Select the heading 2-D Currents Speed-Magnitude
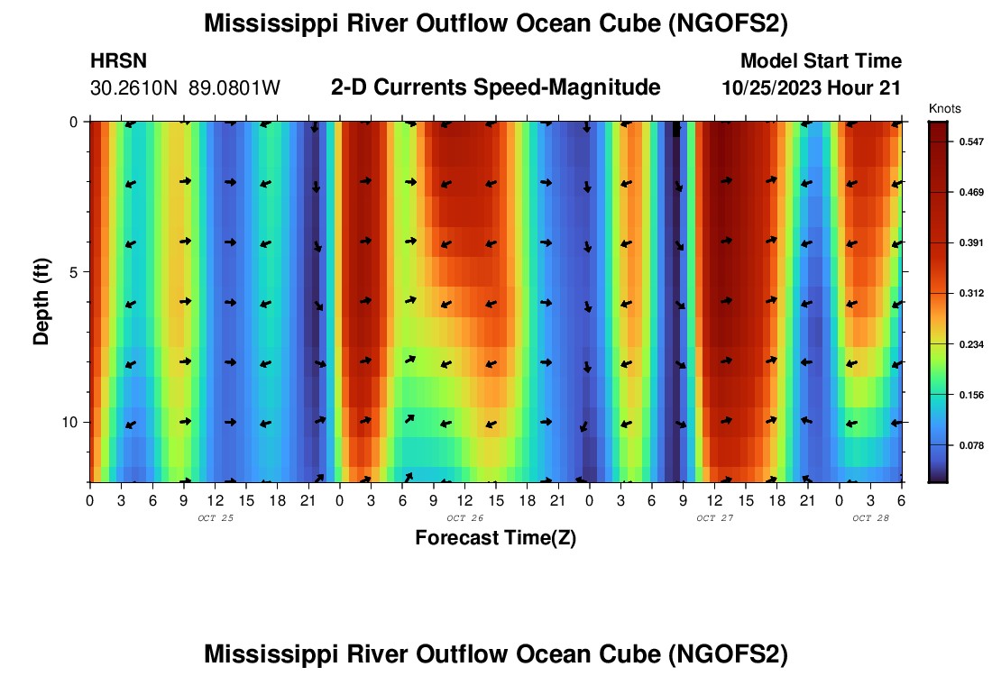pyautogui.click(x=495, y=87)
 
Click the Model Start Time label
pyautogui.click(x=820, y=61)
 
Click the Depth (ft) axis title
pyautogui.click(x=41, y=301)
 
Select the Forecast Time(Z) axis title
pyautogui.click(x=495, y=538)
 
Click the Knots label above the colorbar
pyautogui.click(x=944, y=109)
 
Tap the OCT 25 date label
pyautogui.click(x=215, y=518)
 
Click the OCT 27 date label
pyautogui.click(x=715, y=518)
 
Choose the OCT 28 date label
pyautogui.click(x=871, y=518)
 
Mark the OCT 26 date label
pyautogui.click(x=465, y=518)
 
